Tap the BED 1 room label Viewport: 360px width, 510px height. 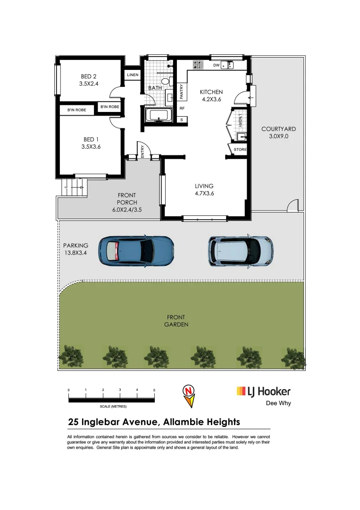(91, 143)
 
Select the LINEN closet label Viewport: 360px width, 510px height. (132, 75)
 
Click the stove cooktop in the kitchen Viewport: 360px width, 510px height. (198, 65)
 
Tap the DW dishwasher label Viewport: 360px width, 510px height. (216, 65)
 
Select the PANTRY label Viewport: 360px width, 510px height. (182, 92)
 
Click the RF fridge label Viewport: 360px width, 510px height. (182, 108)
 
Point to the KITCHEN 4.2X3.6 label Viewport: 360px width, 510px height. (211, 95)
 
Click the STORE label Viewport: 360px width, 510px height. (240, 150)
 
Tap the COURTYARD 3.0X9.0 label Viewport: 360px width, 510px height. (278, 132)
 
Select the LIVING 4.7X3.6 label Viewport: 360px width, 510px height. (204, 189)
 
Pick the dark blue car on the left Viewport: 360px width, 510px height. (136, 249)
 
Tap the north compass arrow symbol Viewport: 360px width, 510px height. (188, 395)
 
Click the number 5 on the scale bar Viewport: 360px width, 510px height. (154, 390)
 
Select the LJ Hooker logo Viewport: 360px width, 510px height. (263, 391)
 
